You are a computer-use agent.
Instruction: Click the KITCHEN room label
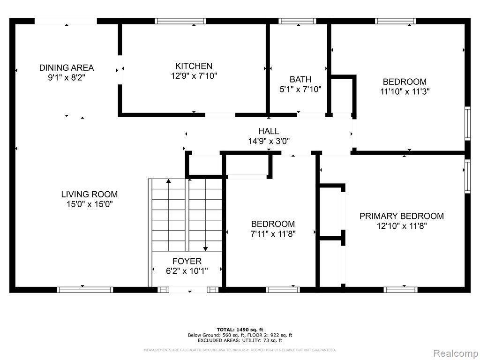pos(194,66)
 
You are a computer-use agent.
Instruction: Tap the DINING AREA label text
pos(66,68)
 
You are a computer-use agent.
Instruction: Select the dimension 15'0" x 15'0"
pos(89,204)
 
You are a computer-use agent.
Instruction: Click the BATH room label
pos(300,80)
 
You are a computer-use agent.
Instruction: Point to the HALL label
pos(269,131)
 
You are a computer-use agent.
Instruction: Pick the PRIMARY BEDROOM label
pos(401,216)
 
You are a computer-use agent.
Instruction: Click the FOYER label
pos(187,261)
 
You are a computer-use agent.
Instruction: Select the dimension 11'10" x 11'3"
pos(405,91)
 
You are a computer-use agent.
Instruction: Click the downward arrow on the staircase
pos(205,248)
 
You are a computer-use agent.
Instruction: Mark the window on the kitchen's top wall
pos(180,21)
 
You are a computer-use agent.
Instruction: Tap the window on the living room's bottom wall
pos(85,290)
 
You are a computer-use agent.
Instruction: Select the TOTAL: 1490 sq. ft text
pos(240,329)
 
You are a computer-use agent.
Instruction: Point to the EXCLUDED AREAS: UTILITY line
pos(240,340)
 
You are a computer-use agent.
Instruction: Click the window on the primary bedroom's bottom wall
pos(401,290)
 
